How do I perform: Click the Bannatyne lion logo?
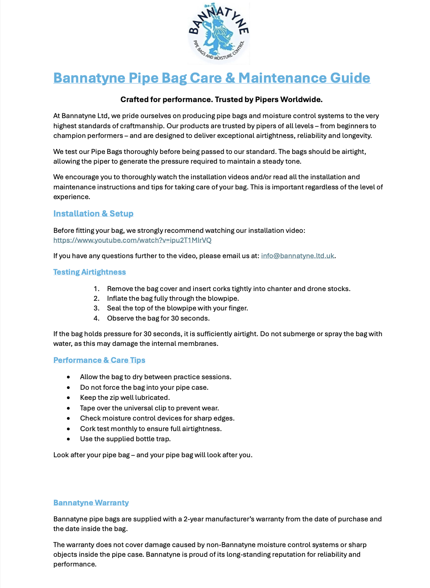pos(218,33)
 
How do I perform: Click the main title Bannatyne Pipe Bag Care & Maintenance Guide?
pos(212,78)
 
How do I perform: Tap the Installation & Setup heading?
pos(93,213)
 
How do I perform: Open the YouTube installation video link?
pos(132,240)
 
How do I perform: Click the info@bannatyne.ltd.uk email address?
pos(297,256)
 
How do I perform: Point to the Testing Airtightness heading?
pos(89,272)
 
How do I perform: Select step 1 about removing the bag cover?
pos(228,289)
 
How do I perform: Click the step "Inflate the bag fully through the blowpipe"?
pos(173,298)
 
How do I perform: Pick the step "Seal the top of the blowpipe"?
pos(177,308)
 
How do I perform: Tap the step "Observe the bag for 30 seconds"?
pos(158,318)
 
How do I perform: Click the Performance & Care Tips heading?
pos(99,360)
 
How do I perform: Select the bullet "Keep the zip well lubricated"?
pos(125,397)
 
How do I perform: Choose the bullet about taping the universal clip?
pos(149,408)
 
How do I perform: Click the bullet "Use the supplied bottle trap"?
pos(125,439)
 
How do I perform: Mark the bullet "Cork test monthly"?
pos(150,429)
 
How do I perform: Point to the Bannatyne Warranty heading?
pos(91,503)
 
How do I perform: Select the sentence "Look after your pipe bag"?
pos(153,455)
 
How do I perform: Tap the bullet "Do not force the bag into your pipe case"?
pos(144,387)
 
